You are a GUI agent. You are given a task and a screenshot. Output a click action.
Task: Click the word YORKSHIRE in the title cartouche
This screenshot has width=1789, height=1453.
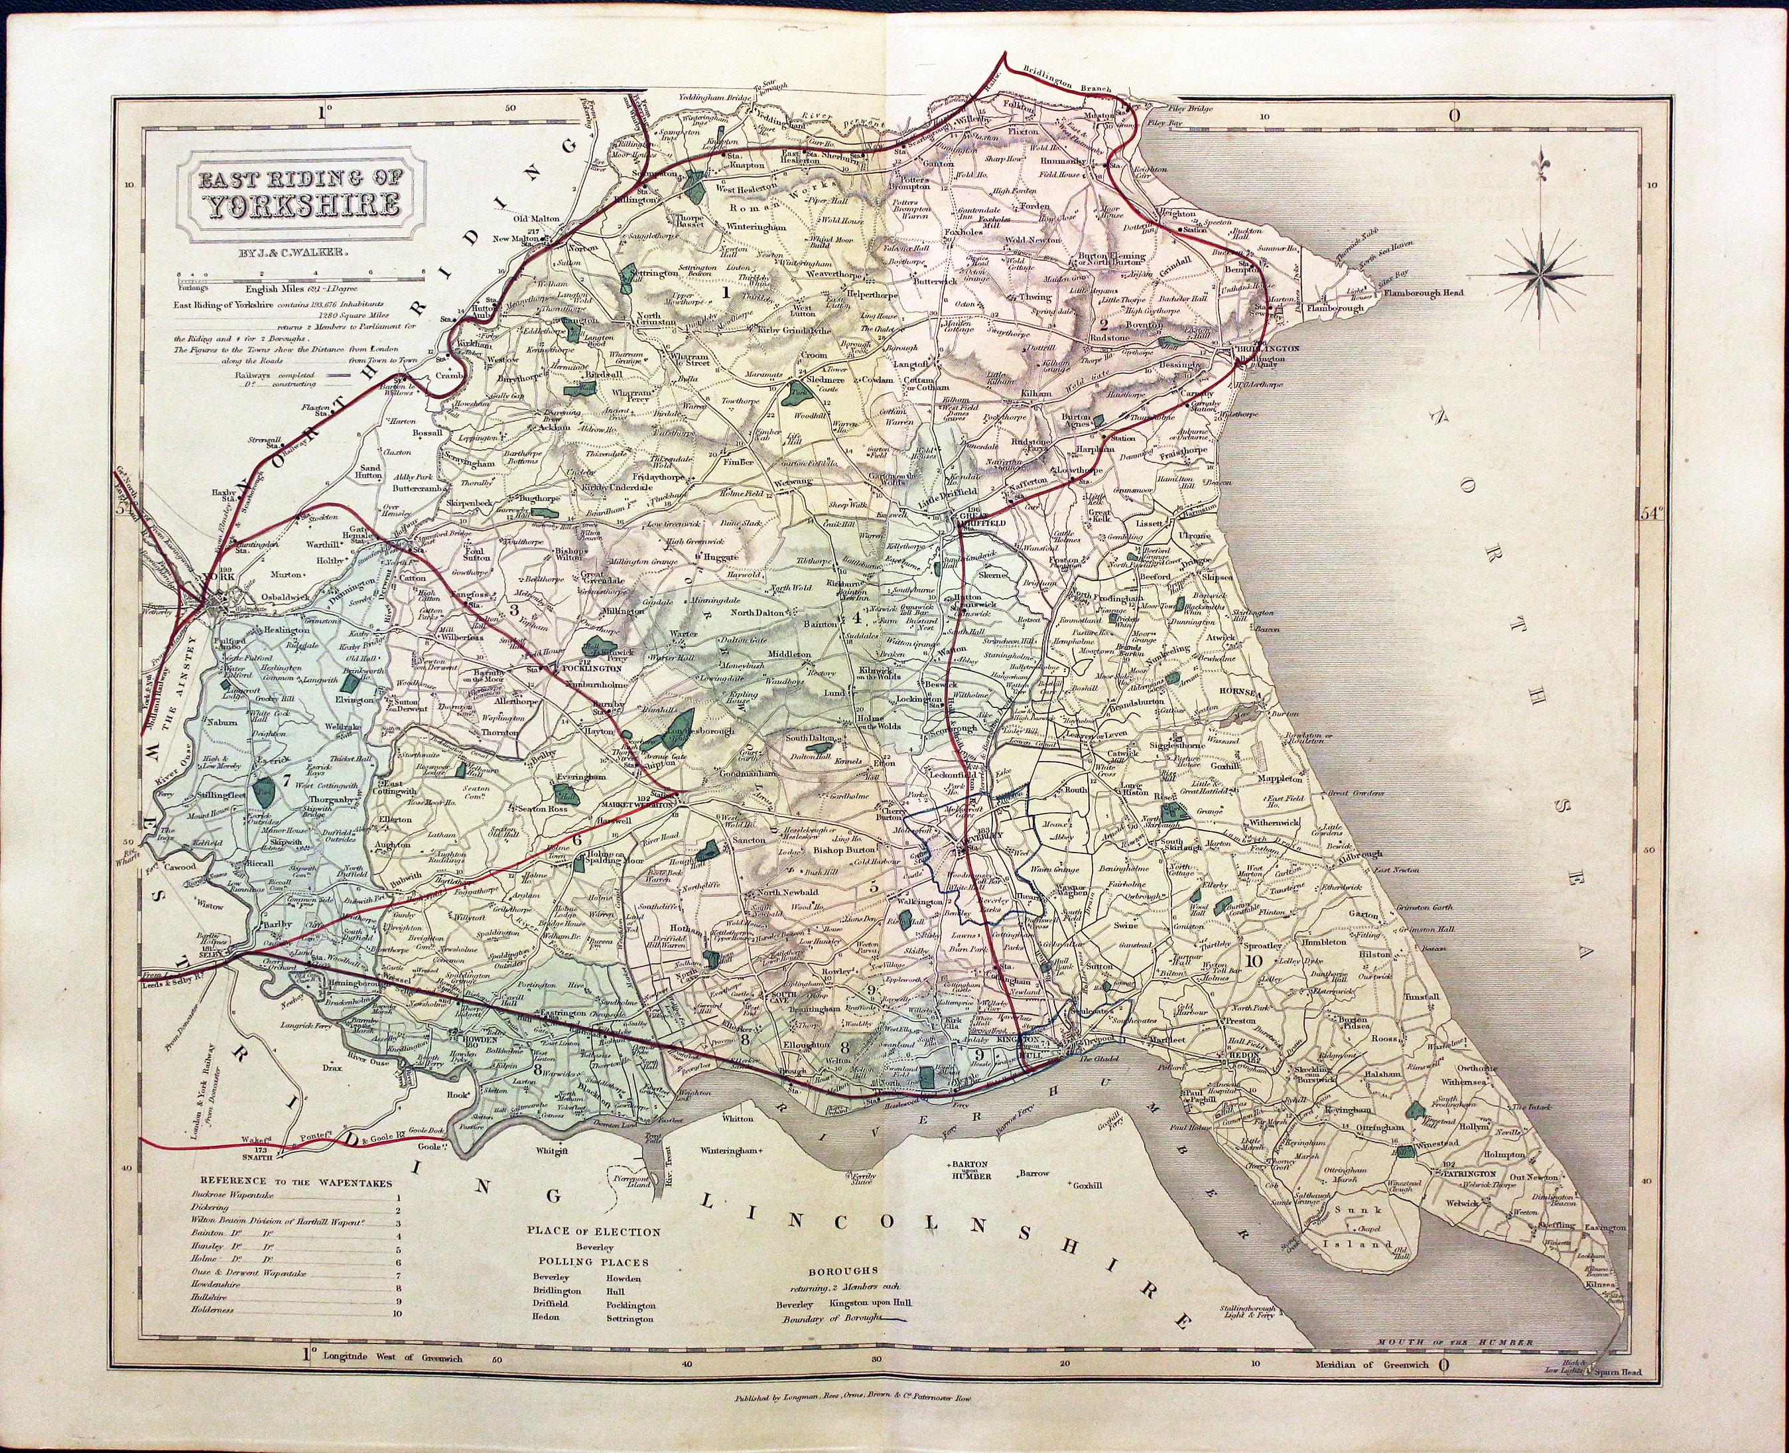(298, 205)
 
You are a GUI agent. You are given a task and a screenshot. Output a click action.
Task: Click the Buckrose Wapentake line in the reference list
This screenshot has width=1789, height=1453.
(212, 1198)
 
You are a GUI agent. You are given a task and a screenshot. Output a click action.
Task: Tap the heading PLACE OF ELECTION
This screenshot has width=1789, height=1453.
(592, 1232)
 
